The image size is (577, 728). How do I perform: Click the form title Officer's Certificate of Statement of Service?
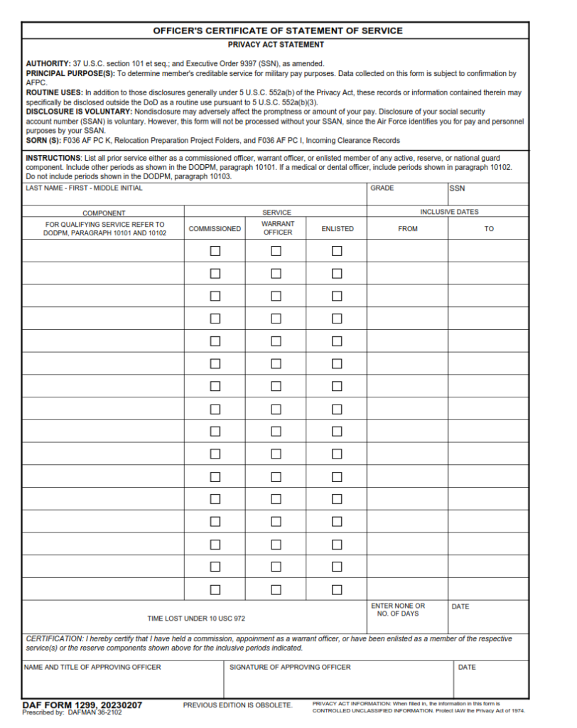(277, 31)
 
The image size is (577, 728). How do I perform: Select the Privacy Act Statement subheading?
(276, 44)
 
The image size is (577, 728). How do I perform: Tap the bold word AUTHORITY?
(48, 64)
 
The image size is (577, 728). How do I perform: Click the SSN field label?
(456, 189)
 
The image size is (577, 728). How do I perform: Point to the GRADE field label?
(382, 188)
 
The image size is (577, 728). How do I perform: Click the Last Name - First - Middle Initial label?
(84, 188)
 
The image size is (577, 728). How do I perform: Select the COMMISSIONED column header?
(215, 229)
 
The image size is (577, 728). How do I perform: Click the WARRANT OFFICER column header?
(277, 228)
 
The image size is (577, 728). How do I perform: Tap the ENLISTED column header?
(337, 229)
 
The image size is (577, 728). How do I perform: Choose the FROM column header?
(408, 229)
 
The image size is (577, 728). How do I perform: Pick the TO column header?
(489, 229)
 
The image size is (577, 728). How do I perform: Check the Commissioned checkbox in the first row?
(215, 251)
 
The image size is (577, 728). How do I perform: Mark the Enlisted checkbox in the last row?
(337, 589)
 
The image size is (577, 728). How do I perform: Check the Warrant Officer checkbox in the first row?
(276, 251)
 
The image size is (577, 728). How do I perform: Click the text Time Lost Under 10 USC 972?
(196, 619)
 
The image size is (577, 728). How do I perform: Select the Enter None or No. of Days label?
(398, 610)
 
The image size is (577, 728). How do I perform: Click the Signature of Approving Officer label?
(290, 667)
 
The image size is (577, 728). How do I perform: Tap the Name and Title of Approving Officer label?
(92, 667)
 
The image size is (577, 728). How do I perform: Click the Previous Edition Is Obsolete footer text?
(237, 705)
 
